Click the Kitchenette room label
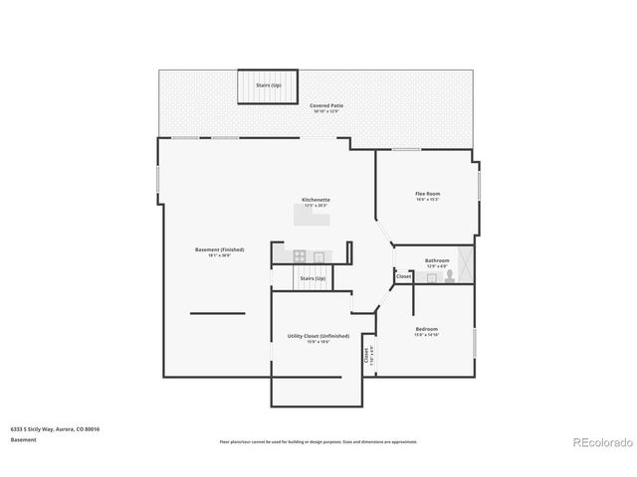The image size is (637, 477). click(316, 201)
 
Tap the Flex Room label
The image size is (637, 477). click(427, 195)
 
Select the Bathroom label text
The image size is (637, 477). click(437, 262)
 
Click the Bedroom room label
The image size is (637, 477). click(426, 330)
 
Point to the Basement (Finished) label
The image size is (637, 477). click(219, 251)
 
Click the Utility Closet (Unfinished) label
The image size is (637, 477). click(318, 338)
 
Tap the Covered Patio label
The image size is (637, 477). click(325, 106)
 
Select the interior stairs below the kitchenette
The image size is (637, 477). click(314, 279)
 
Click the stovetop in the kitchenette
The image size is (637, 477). click(299, 255)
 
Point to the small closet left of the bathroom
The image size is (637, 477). click(403, 276)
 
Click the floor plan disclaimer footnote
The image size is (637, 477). click(318, 441)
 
